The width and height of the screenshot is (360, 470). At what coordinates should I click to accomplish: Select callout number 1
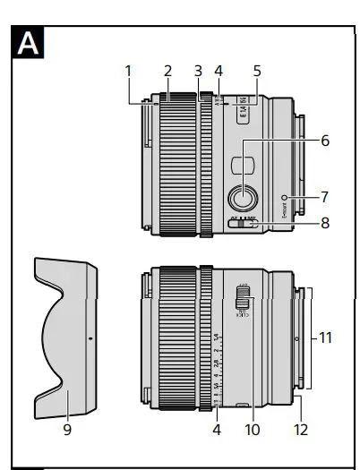pyautogui.click(x=128, y=71)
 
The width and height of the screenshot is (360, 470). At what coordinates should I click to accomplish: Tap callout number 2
pyautogui.click(x=167, y=71)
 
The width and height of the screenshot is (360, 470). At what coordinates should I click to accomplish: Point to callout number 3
pyautogui.click(x=199, y=71)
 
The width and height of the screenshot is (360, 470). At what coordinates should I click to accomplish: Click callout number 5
pyautogui.click(x=256, y=71)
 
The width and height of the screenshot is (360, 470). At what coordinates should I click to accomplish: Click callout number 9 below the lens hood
pyautogui.click(x=67, y=429)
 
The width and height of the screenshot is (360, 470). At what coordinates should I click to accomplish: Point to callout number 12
pyautogui.click(x=300, y=429)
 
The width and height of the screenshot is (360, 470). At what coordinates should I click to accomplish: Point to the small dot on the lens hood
pyautogui.click(x=90, y=339)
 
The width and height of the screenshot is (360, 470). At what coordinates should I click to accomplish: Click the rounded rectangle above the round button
pyautogui.click(x=244, y=164)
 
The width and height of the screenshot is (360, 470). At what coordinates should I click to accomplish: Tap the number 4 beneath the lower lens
pyautogui.click(x=218, y=429)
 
